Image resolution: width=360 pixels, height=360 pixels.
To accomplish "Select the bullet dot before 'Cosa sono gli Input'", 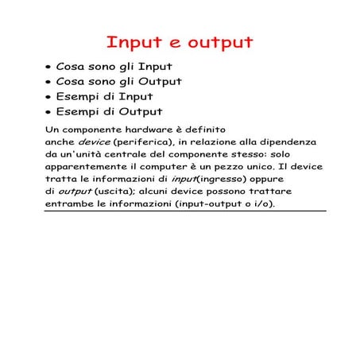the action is click(x=48, y=68).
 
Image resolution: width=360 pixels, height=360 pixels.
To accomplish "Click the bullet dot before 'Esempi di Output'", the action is click(x=48, y=113).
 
